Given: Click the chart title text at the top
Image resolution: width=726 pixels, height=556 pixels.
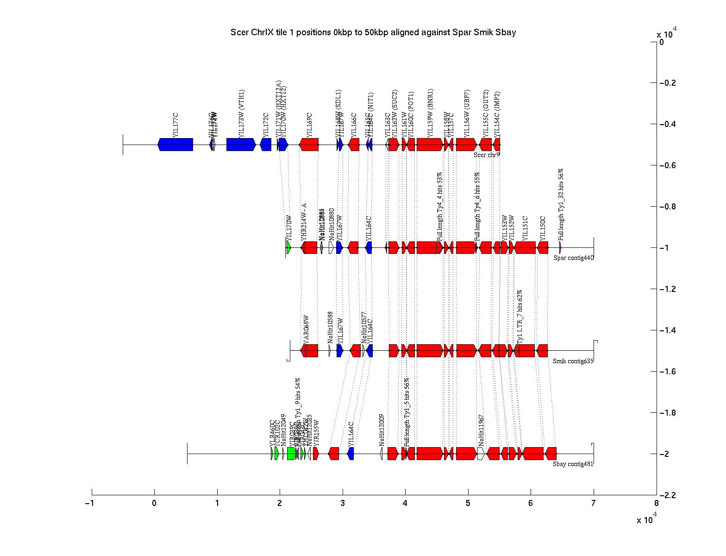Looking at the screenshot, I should pyautogui.click(x=373, y=32).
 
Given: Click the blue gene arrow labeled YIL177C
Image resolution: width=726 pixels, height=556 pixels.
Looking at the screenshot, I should pyautogui.click(x=175, y=145).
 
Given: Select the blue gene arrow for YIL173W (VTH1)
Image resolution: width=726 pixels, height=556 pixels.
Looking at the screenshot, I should pyautogui.click(x=241, y=145).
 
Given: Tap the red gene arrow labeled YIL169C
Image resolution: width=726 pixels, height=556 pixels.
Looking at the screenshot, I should pyautogui.click(x=309, y=145).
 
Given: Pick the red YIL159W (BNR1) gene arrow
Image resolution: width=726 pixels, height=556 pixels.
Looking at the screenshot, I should pyautogui.click(x=429, y=145).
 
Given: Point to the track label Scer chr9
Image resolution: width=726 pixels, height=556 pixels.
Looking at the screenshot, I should pyautogui.click(x=487, y=155).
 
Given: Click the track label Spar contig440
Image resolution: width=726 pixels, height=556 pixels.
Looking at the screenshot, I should pyautogui.click(x=573, y=258).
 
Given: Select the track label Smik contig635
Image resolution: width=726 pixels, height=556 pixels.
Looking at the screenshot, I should pyautogui.click(x=573, y=360).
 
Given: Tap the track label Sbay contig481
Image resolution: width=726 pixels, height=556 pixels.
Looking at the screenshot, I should pyautogui.click(x=573, y=463).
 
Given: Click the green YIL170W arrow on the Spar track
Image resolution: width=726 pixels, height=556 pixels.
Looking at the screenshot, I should pyautogui.click(x=288, y=247).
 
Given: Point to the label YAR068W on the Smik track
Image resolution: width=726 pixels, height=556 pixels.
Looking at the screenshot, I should pyautogui.click(x=306, y=329).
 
